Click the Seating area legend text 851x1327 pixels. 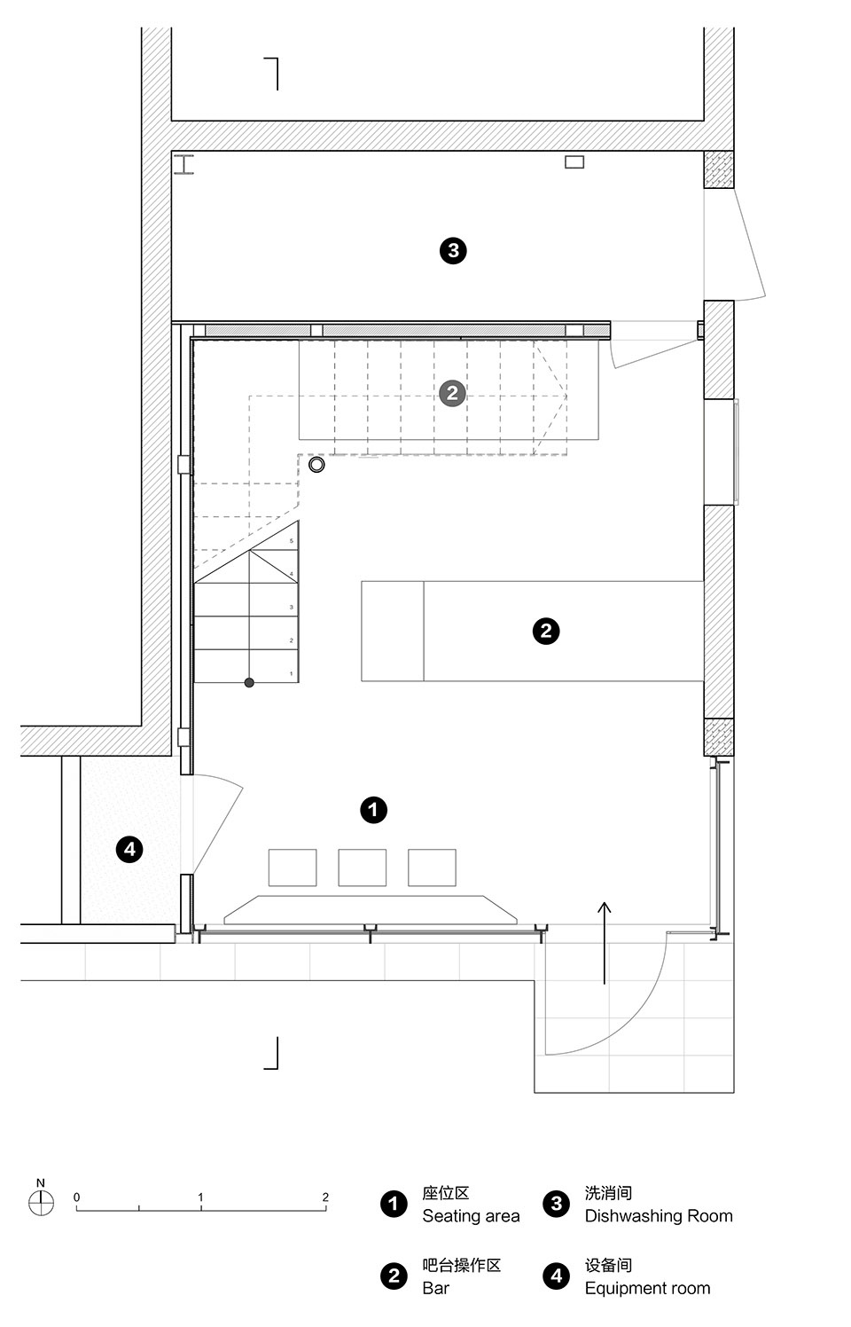(x=471, y=1216)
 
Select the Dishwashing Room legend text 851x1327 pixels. (x=659, y=1216)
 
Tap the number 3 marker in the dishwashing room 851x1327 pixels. (x=453, y=251)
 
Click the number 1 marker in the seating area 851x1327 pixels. (x=374, y=810)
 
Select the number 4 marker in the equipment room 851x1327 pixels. (x=129, y=850)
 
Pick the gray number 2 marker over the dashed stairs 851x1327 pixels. (x=452, y=393)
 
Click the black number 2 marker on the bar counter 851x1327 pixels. (x=546, y=631)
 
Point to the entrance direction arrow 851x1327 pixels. (x=604, y=943)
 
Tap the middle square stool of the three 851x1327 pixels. (x=363, y=868)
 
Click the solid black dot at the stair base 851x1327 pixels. (x=249, y=682)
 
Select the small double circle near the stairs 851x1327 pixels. (x=316, y=465)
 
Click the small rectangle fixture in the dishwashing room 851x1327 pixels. (x=574, y=161)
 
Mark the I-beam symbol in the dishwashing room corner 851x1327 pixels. (x=184, y=165)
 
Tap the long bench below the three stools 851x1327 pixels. (x=371, y=909)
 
